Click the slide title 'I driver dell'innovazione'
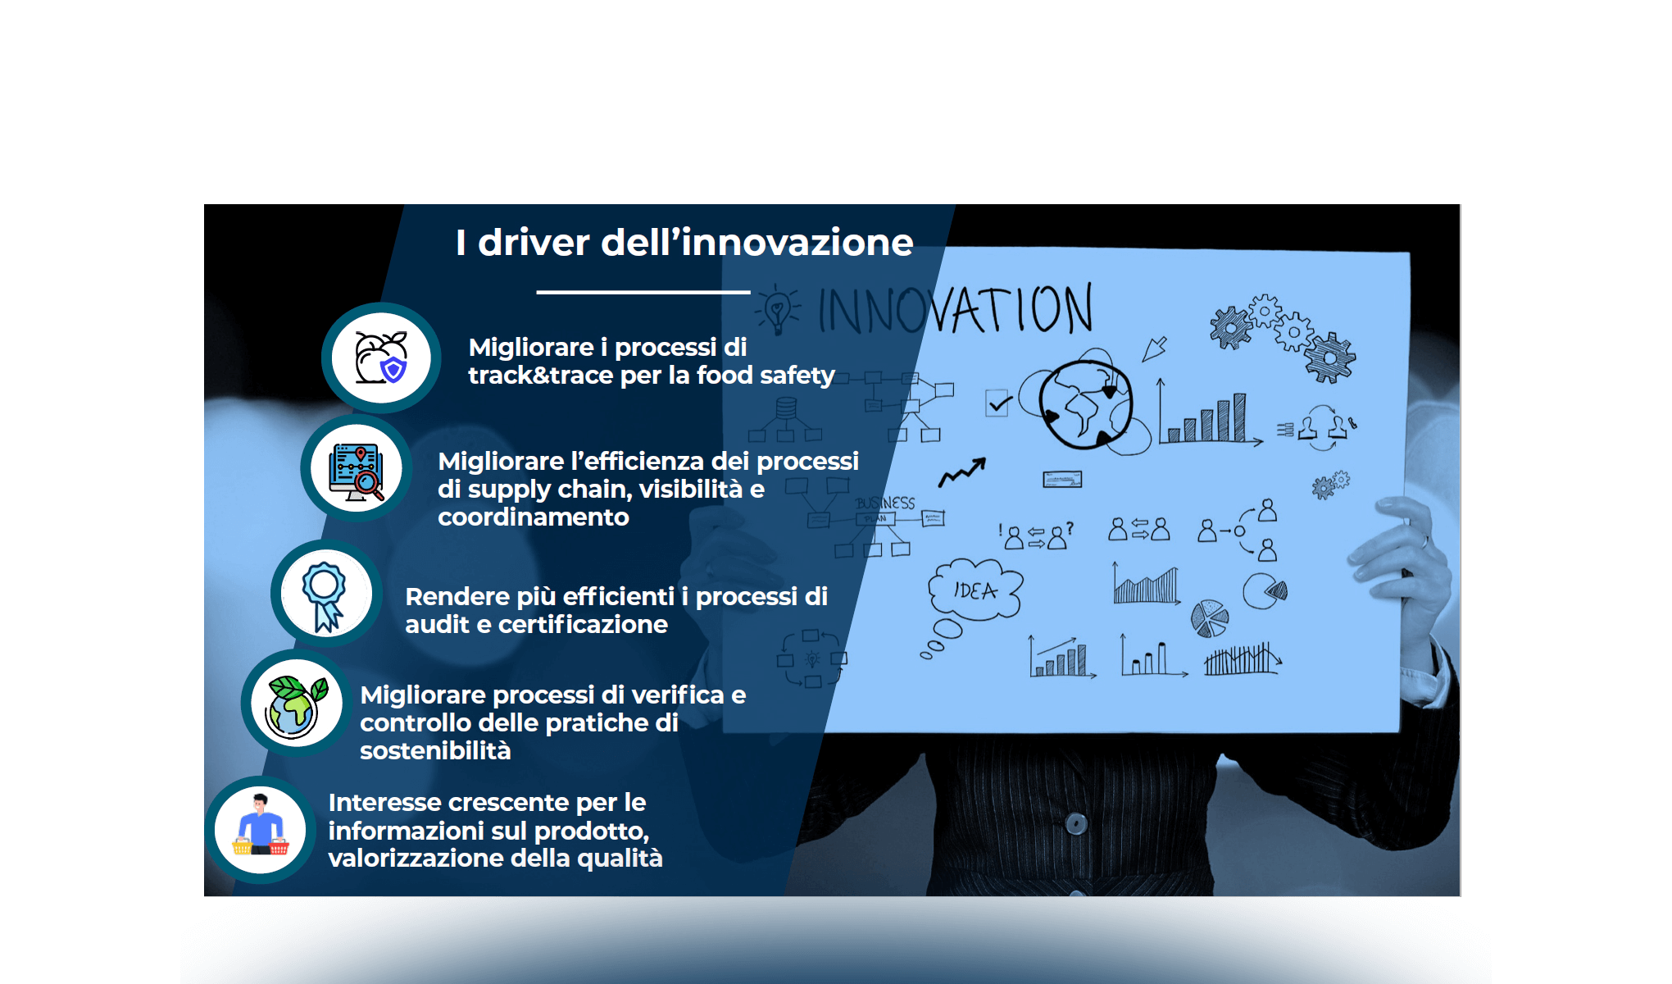coord(684,243)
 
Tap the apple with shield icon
coord(381,358)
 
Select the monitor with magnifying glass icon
coord(357,469)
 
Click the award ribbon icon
coord(325,594)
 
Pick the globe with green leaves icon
coord(295,704)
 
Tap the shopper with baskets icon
coord(261,828)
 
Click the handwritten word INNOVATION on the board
coord(955,310)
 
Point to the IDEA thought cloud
coord(975,590)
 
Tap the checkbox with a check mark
coord(997,403)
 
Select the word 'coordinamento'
coord(534,517)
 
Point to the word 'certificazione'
coord(583,625)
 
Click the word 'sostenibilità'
coord(435,751)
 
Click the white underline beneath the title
coord(643,292)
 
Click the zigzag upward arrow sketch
coord(962,471)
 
